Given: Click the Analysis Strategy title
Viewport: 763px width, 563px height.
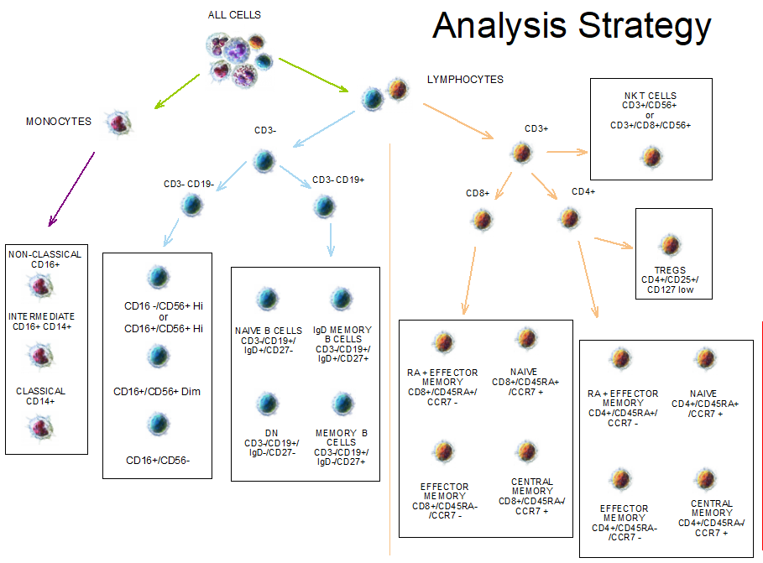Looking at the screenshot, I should click(572, 27).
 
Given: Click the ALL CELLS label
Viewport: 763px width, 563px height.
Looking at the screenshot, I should click(234, 15).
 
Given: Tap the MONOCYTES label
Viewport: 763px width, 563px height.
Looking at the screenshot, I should click(59, 122).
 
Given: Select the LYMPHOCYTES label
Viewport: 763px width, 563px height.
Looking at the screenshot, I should click(465, 80).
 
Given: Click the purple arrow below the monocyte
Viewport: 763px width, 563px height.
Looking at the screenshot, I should click(71, 190).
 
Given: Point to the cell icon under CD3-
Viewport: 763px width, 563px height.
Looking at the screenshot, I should click(264, 160).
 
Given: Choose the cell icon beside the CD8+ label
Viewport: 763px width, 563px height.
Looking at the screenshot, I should click(482, 220).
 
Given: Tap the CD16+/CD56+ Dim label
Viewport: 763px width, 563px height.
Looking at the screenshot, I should click(157, 391).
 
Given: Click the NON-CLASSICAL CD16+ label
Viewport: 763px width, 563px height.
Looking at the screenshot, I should click(45, 259).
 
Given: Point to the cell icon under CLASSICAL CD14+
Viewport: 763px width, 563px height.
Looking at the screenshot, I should click(41, 428).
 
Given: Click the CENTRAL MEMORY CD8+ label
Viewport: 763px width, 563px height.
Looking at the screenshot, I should click(532, 496).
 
